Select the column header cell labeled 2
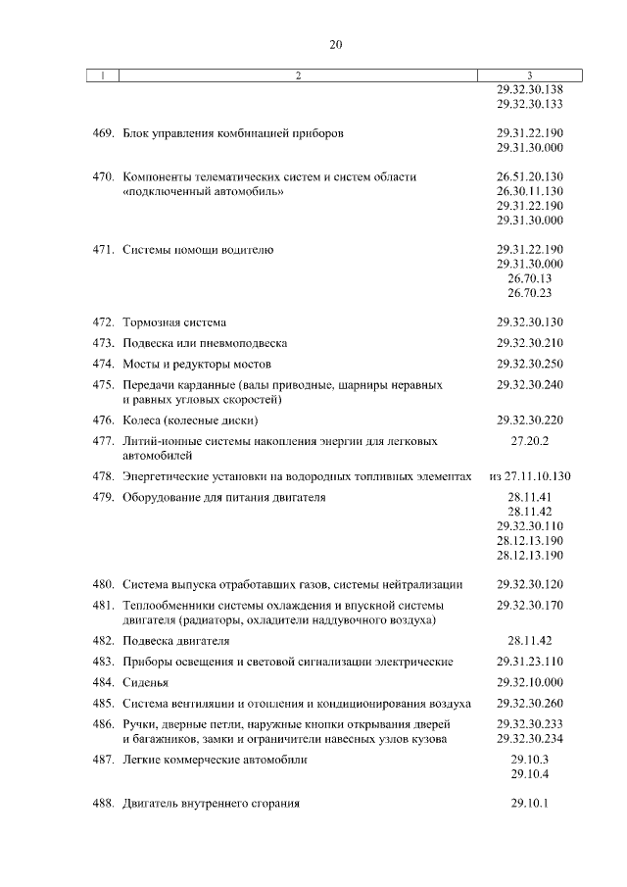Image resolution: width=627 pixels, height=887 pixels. (299, 75)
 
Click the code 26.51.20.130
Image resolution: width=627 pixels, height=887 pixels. (530, 176)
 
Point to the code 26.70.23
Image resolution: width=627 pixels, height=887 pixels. (530, 293)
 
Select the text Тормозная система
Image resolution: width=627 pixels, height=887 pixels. (174, 322)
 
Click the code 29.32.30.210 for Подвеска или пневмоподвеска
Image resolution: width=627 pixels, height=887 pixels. (530, 343)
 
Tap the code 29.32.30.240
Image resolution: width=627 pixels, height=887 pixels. (530, 385)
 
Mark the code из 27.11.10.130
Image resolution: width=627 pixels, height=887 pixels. (530, 476)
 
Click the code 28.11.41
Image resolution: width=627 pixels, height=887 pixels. (530, 498)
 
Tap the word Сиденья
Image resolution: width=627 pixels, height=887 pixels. (146, 682)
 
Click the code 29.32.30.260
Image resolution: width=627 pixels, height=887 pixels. (530, 704)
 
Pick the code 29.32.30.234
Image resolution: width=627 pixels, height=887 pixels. (530, 738)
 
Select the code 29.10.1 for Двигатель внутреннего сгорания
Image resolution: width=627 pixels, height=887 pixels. (530, 804)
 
